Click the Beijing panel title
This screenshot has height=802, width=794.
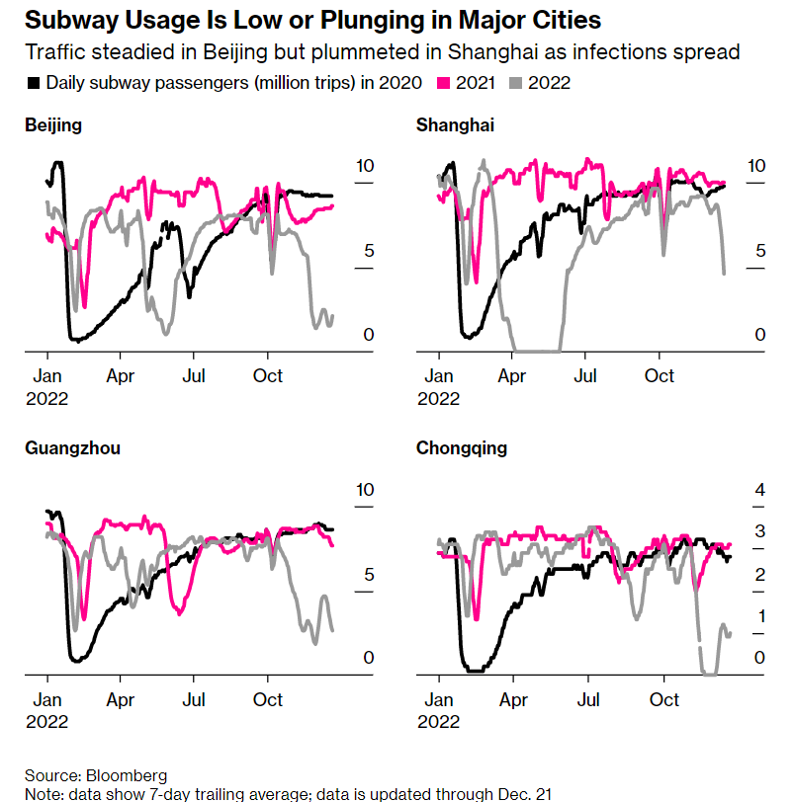pos(53,125)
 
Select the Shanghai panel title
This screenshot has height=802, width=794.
pos(456,125)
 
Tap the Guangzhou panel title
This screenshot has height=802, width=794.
pos(72,448)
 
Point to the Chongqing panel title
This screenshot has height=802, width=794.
pos(462,448)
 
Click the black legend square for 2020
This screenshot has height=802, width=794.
pos(35,83)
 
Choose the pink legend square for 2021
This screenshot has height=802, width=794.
pos(444,83)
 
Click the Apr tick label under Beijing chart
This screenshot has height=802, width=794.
pos(121,376)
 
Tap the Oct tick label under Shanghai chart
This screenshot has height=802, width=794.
pos(660,376)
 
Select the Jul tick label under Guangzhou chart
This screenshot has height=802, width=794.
pos(194,700)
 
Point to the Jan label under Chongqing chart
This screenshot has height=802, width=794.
pos(439,700)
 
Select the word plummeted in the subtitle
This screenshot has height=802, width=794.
pos(430,51)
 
